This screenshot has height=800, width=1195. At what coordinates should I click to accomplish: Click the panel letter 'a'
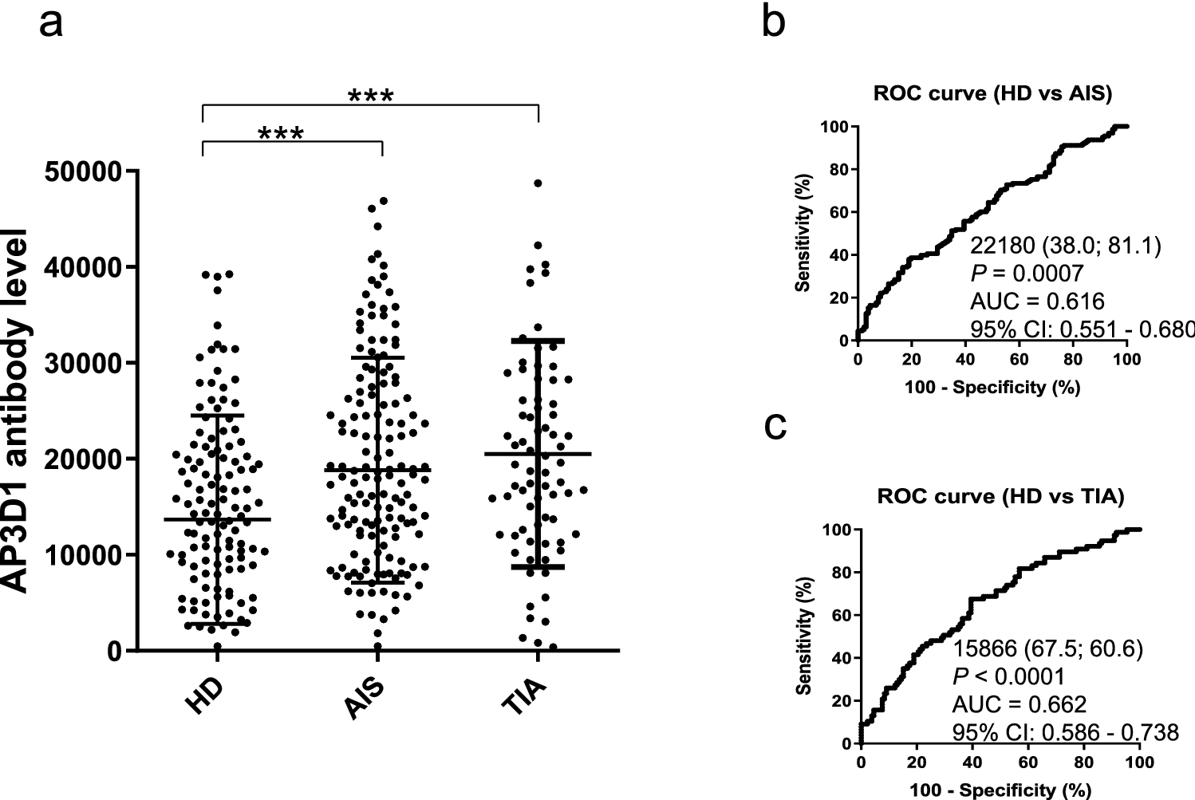pyautogui.click(x=50, y=24)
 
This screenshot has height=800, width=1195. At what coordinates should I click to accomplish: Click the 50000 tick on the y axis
pyautogui.click(x=85, y=171)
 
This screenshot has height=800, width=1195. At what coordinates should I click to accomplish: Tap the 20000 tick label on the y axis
pyautogui.click(x=85, y=459)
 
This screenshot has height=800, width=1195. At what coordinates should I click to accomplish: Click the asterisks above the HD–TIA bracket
pyautogui.click(x=371, y=97)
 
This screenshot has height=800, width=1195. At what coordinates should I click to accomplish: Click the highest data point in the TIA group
pyautogui.click(x=538, y=183)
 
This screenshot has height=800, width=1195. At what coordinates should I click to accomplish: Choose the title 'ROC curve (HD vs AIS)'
pyautogui.click(x=992, y=93)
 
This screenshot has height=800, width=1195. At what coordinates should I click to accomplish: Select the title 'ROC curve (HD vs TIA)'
pyautogui.click(x=1000, y=497)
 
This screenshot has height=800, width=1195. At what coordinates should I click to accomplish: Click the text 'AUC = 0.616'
pyautogui.click(x=1037, y=301)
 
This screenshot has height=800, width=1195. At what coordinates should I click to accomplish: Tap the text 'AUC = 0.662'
pyautogui.click(x=1019, y=704)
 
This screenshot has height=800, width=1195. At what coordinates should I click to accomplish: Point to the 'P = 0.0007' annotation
pyautogui.click(x=1027, y=274)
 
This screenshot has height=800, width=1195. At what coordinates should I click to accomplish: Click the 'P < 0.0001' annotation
pyautogui.click(x=1008, y=677)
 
